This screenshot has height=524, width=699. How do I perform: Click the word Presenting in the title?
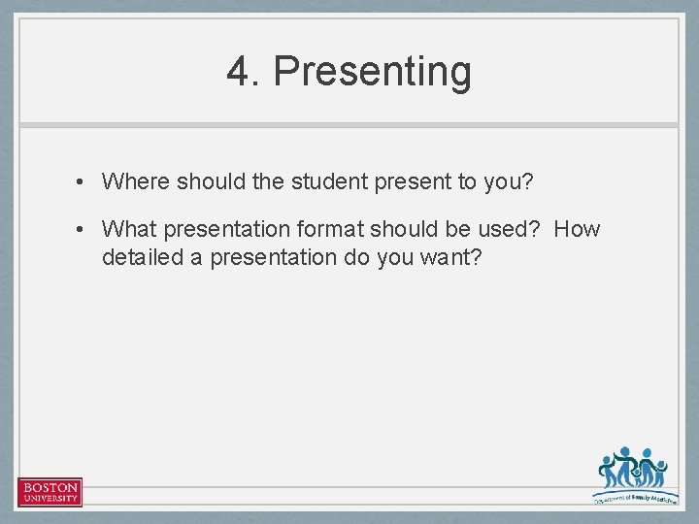373,72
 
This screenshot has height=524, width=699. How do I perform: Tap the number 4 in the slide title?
238,72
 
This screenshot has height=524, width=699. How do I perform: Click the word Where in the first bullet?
136,180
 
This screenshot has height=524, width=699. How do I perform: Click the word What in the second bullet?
129,229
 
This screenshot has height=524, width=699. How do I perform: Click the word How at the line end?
578,229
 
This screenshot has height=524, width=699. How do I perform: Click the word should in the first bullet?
208,180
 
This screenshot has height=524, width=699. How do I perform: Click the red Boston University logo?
50,492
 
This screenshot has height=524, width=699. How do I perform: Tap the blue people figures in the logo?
632,470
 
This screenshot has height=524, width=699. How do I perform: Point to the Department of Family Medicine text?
635,497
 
